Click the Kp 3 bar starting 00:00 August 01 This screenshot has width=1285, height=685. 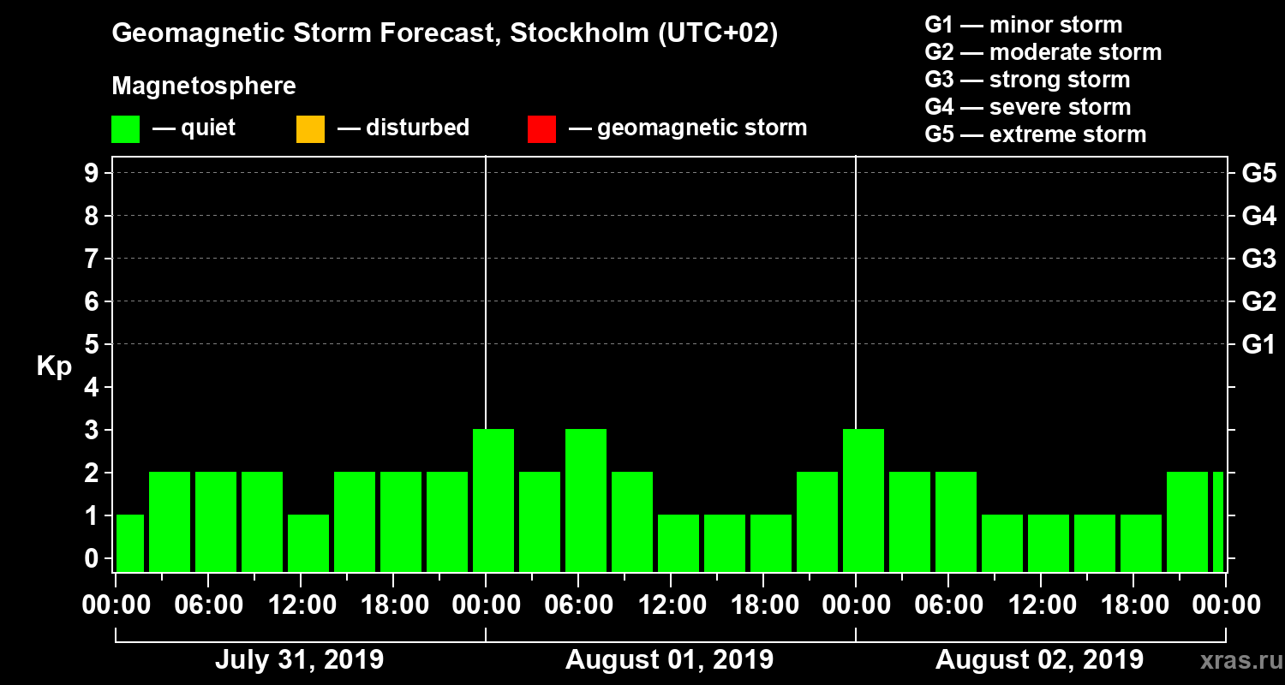pos(493,500)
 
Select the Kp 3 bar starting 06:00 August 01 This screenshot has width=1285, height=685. pos(586,500)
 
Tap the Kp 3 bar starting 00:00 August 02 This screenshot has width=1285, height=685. pos(864,500)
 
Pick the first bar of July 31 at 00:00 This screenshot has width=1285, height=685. pos(130,543)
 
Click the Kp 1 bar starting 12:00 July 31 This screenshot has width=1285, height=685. pos(308,543)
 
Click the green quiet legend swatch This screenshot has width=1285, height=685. pos(125,129)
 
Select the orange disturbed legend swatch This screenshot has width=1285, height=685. pos(310,129)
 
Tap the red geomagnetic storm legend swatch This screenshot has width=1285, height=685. pos(541,129)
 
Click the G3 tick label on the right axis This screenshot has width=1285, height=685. pos(1258,259)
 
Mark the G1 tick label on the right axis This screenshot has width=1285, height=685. pos(1258,345)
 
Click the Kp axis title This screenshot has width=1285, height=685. pos(54,366)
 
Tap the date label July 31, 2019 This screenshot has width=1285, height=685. pos(299,660)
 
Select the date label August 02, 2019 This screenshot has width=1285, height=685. pos(1039,660)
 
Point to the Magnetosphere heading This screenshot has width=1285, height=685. pos(204,86)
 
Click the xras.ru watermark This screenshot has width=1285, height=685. pos(1236,660)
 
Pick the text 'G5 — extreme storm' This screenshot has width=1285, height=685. pos(1035,134)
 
